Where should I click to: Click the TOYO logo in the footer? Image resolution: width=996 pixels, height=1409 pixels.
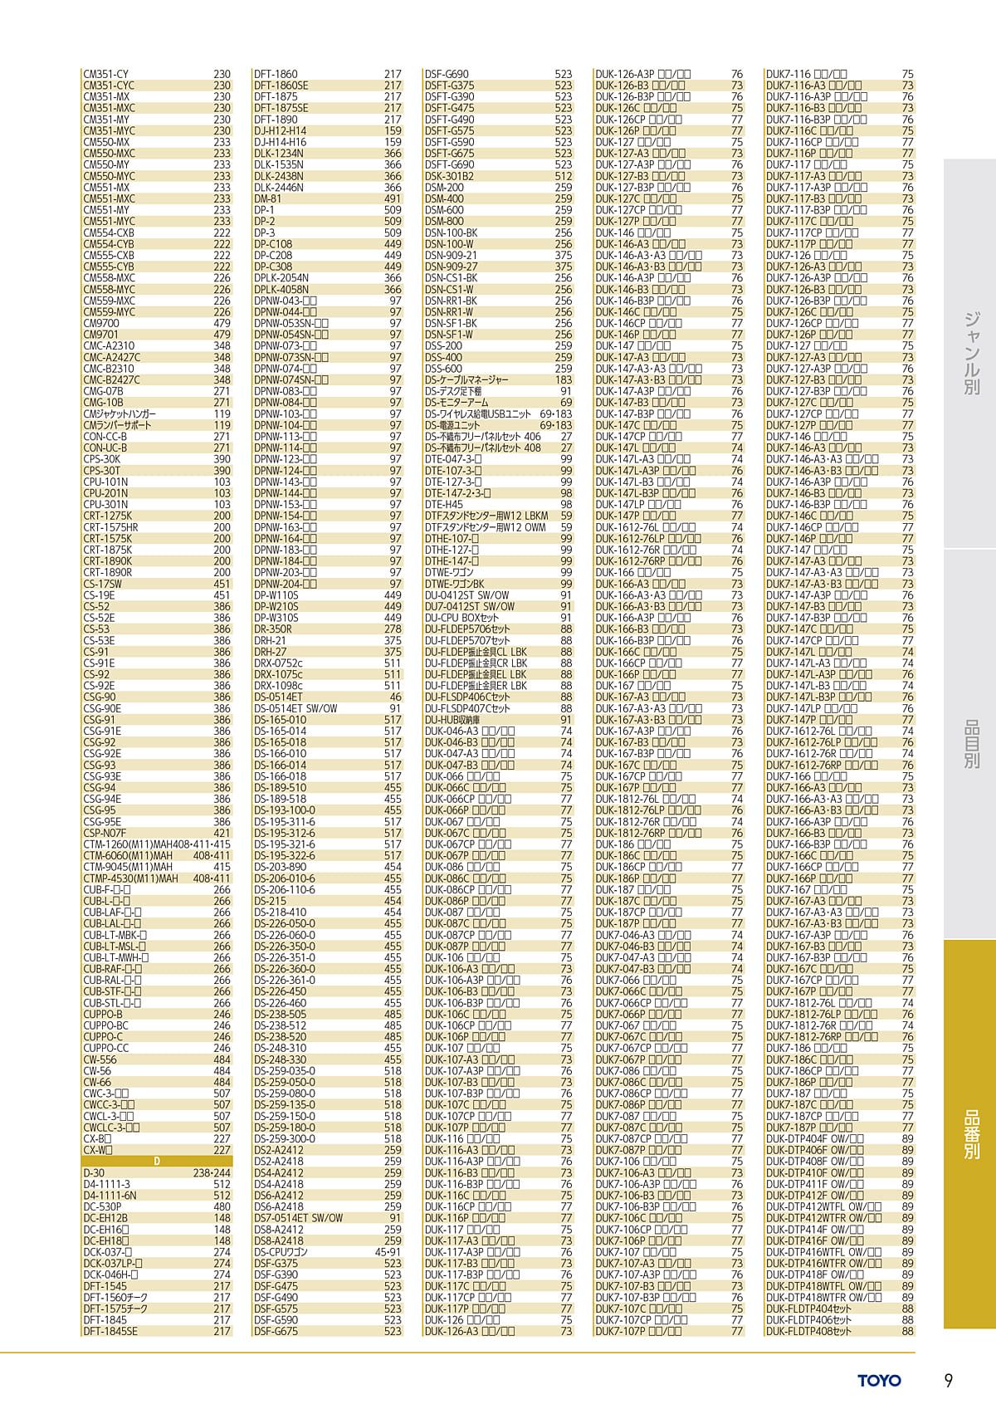coord(880,1380)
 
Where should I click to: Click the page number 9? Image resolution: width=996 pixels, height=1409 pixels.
coord(948,1380)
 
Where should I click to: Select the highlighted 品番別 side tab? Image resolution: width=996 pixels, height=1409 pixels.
coord(970,1132)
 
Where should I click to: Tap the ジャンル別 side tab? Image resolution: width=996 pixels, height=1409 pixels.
coord(970,351)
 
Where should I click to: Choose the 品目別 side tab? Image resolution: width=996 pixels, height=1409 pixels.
coord(970,743)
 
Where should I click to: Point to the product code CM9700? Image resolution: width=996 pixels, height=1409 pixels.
coord(101,324)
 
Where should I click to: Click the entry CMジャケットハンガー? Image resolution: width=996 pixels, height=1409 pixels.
coord(120,414)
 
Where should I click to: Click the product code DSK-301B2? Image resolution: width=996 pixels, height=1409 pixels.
coord(449,176)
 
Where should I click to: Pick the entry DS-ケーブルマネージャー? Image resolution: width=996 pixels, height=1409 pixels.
coord(466,380)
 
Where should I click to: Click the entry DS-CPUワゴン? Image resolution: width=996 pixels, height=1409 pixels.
coord(281,1252)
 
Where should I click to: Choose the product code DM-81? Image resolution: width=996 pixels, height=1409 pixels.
coord(267,199)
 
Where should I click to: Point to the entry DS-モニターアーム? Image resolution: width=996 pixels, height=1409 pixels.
coord(457,403)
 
